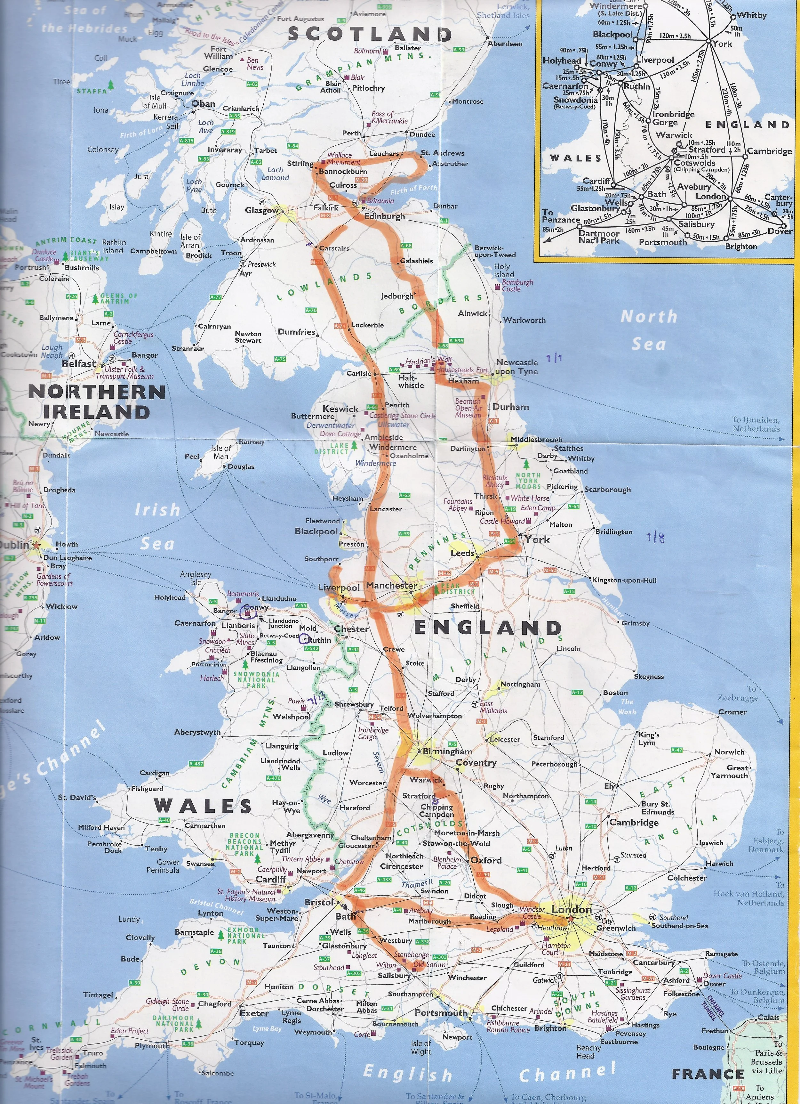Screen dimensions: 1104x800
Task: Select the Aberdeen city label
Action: pos(505,44)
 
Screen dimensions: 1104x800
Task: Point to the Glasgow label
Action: pos(261,210)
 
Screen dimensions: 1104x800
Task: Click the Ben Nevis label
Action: pos(254,64)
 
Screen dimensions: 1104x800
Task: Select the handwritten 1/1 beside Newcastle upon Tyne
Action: pos(554,359)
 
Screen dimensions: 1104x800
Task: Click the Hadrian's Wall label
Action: pos(428,361)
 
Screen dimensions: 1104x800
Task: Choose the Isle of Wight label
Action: pos(420,1047)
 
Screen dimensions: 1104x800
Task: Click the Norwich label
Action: pos(729,752)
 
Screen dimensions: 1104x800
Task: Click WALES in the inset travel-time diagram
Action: pos(576,158)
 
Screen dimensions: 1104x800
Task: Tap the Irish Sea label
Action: pos(157,526)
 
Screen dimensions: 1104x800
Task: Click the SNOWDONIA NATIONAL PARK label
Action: pos(256,679)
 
